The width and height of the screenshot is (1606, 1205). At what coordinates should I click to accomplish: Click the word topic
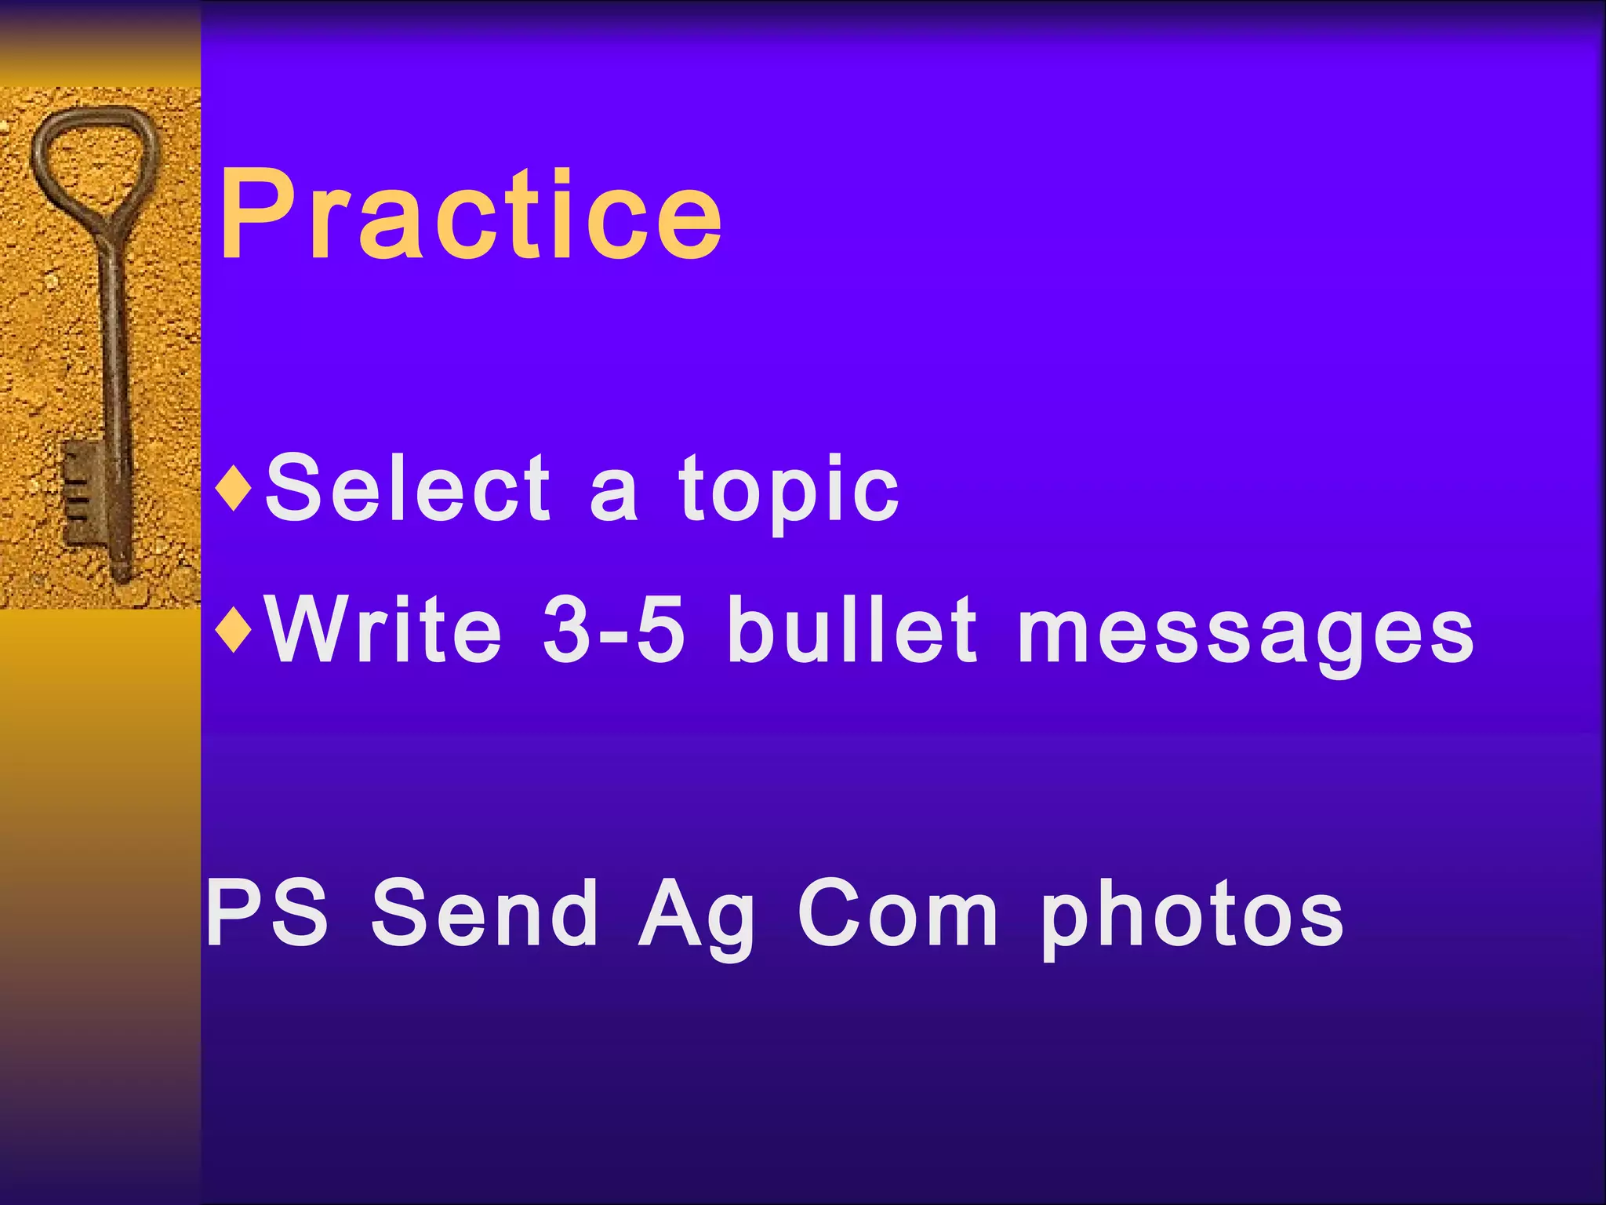789,490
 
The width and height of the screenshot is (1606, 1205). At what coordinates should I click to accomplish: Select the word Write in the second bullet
384,630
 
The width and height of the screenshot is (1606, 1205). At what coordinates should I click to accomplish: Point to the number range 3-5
614,630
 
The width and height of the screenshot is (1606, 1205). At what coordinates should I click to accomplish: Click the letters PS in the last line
267,914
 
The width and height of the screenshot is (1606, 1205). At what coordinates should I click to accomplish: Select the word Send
485,914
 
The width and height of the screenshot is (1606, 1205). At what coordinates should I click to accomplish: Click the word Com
899,914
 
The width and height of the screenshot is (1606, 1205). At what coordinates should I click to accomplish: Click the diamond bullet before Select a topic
234,488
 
